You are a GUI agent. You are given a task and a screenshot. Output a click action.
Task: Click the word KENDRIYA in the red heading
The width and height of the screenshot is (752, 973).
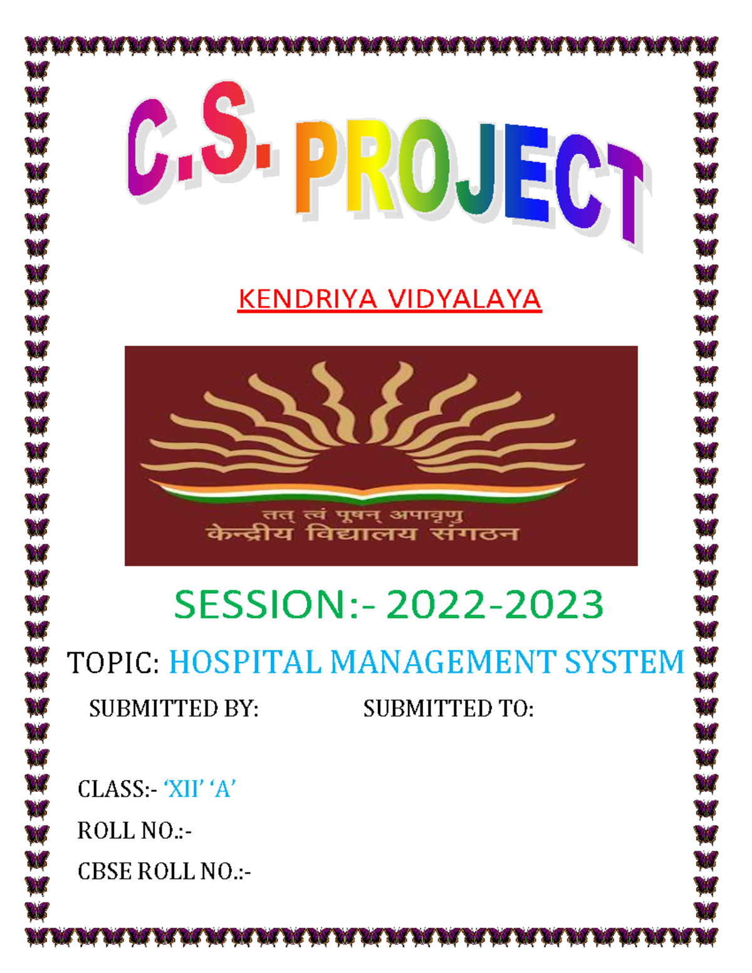[307, 299]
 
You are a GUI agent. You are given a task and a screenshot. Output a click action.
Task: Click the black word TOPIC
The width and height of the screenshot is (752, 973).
[113, 663]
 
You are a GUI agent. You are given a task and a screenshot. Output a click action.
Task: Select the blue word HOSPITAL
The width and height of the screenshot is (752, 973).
[245, 663]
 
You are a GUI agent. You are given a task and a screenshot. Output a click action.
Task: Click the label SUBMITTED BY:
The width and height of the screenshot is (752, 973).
[174, 709]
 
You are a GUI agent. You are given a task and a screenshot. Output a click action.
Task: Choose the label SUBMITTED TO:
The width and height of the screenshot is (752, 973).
[448, 709]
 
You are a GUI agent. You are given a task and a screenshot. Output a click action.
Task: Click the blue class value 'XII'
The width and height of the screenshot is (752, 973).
[184, 789]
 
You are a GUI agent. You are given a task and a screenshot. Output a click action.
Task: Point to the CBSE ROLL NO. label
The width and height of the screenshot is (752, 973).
[164, 872]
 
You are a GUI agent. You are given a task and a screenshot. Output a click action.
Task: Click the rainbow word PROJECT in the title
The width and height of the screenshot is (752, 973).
[470, 175]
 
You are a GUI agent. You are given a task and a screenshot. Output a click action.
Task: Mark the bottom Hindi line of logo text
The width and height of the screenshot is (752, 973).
[362, 534]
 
